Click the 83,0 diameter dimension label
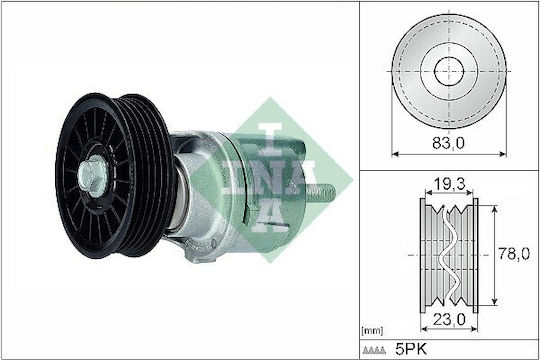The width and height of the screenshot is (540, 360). [448, 143]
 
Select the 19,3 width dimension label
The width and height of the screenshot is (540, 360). [449, 185]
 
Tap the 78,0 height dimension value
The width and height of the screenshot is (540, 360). [514, 254]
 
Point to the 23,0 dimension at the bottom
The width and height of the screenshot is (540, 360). [449, 320]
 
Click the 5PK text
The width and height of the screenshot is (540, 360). [411, 349]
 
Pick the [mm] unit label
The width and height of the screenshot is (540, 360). [372, 331]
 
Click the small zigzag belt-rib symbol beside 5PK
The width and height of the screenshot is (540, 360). [374, 350]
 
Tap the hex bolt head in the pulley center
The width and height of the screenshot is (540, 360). [93, 176]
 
